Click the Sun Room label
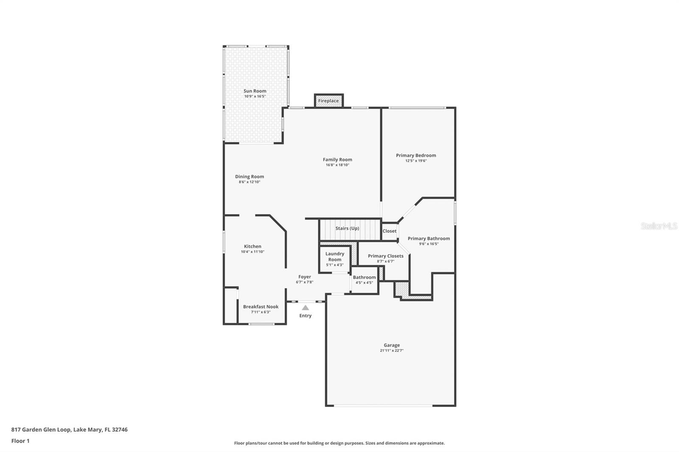click(255, 91)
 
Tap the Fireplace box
click(328, 101)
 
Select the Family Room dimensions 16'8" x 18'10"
click(337, 165)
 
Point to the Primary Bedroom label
click(416, 155)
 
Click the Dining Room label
click(250, 176)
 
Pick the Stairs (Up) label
click(347, 228)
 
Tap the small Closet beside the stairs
click(389, 231)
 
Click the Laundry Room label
click(335, 257)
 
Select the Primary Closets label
click(385, 256)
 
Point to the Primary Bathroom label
click(429, 238)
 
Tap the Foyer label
click(304, 277)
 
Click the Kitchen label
click(253, 246)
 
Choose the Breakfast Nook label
click(261, 307)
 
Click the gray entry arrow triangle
click(306, 308)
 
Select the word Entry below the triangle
click(306, 315)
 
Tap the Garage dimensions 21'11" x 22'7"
click(391, 351)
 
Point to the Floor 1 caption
click(20, 441)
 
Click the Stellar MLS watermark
click(659, 226)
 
